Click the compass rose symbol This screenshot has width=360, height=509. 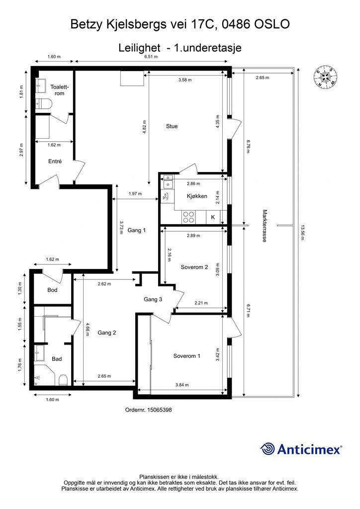(x=325, y=77)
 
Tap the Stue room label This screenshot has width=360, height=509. (x=172, y=126)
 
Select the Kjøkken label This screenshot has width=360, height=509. (x=197, y=196)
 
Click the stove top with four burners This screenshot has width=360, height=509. (x=189, y=217)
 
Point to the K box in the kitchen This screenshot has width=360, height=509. (x=213, y=217)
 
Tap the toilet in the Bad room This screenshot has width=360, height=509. (x=63, y=380)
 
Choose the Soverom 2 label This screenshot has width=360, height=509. (x=194, y=266)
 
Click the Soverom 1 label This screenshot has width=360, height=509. (x=187, y=356)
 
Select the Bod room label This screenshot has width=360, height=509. (x=53, y=290)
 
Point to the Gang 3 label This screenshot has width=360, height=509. (x=153, y=299)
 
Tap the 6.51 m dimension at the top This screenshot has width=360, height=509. (x=151, y=57)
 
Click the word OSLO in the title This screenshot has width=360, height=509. (x=272, y=23)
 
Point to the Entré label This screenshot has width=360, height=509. (x=55, y=162)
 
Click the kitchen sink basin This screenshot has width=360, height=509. (x=169, y=185)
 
